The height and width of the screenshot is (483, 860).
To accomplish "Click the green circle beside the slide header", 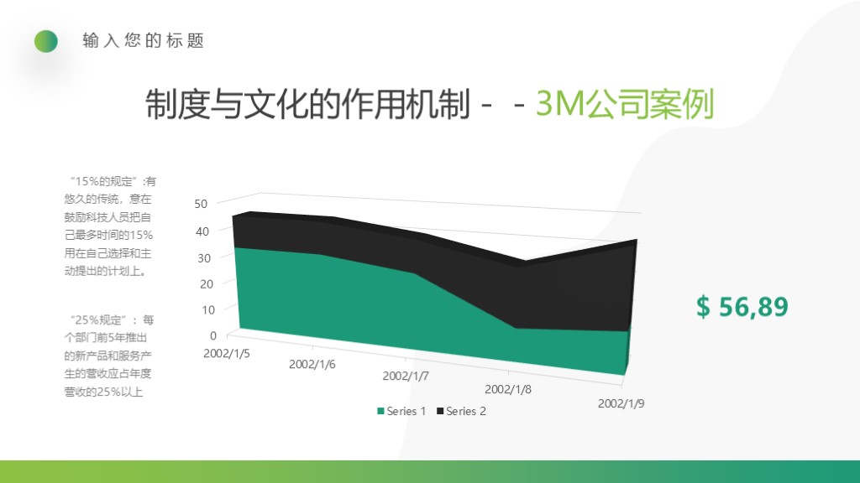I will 46,41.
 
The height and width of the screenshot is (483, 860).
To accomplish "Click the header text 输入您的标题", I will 144,41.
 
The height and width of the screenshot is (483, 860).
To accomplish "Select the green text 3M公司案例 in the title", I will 624,106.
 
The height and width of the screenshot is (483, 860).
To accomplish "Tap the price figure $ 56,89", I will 742,307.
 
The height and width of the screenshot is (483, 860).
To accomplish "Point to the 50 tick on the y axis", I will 201,204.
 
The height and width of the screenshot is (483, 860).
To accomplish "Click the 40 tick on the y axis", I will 201,231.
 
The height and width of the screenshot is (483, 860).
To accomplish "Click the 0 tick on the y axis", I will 212,335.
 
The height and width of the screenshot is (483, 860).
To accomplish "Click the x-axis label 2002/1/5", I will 227,352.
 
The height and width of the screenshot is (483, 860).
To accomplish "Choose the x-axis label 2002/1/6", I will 312,364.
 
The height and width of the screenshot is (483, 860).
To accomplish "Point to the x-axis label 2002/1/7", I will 406,376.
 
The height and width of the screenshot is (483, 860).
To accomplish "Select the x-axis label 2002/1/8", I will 508,389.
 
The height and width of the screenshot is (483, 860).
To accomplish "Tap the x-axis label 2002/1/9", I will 621,403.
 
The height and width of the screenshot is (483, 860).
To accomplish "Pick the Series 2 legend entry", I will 461,411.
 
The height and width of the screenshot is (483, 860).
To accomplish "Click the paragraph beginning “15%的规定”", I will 110,226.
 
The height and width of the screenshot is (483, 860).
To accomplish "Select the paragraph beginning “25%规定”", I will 110,356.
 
